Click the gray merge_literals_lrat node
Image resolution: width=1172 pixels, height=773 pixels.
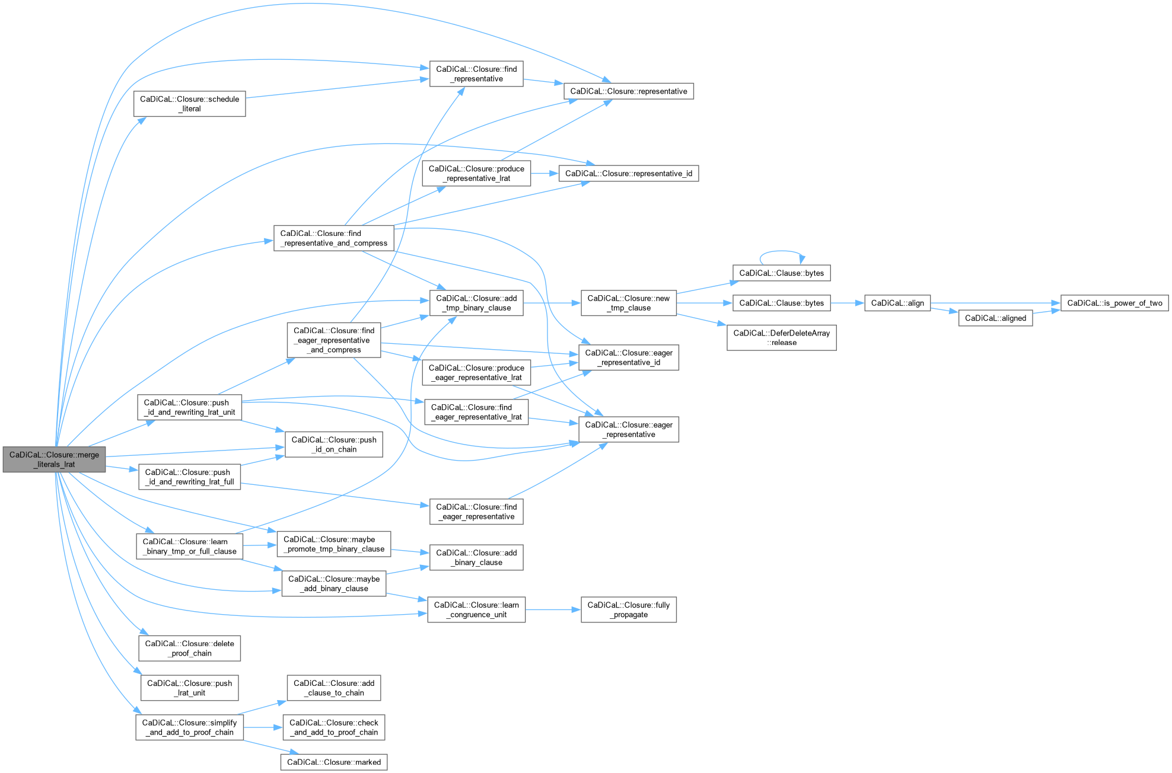click(54, 459)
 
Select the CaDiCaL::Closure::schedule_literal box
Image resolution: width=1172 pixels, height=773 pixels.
click(189, 104)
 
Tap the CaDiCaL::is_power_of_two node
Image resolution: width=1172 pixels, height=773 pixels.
click(1114, 303)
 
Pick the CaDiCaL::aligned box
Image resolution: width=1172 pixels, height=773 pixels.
click(995, 318)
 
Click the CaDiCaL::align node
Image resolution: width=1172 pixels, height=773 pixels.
click(897, 303)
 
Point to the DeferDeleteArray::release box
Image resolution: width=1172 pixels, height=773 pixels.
click(781, 338)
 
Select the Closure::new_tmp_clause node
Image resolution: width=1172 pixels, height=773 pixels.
click(628, 303)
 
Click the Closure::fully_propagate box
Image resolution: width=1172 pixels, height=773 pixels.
click(628, 610)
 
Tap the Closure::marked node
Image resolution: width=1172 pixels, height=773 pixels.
click(334, 762)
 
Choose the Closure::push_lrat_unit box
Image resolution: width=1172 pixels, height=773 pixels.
click(189, 688)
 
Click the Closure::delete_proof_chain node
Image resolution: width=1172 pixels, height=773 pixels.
click(189, 649)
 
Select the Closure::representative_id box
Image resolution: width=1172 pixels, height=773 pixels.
click(628, 174)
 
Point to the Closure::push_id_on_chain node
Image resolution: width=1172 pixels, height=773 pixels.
click(333, 445)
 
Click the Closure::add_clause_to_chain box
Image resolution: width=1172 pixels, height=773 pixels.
click(333, 688)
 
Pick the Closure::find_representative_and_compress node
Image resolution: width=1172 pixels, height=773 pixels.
click(333, 238)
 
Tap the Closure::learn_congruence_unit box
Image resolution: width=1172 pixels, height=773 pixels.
click(476, 610)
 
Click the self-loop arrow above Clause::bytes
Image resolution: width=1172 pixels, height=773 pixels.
click(782, 251)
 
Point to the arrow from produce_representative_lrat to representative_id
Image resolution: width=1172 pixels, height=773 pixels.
click(544, 174)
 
